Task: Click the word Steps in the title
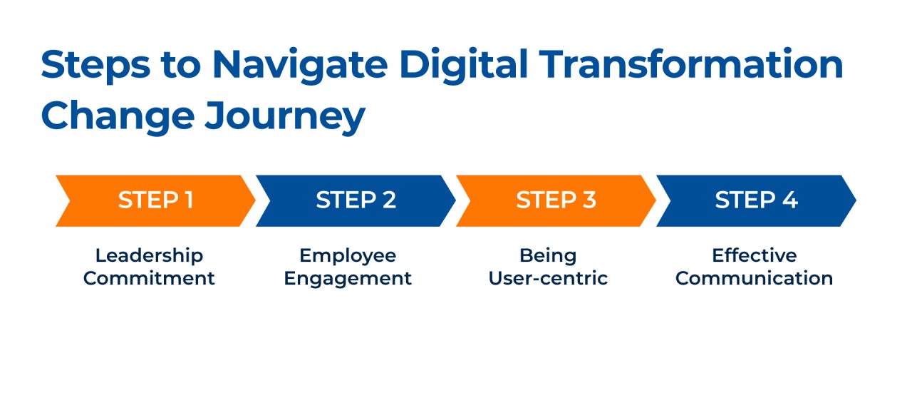click(95, 65)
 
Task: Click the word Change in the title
click(115, 116)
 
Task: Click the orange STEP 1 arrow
click(155, 200)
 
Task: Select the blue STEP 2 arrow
click(356, 200)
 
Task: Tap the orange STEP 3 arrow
click(556, 200)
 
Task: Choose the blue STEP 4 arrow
click(756, 200)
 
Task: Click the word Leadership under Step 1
click(149, 255)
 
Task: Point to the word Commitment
click(149, 278)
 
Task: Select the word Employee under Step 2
click(348, 255)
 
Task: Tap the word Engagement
click(348, 279)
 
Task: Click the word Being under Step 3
click(548, 256)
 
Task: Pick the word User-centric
click(548, 278)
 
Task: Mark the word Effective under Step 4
click(755, 255)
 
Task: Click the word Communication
click(755, 278)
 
